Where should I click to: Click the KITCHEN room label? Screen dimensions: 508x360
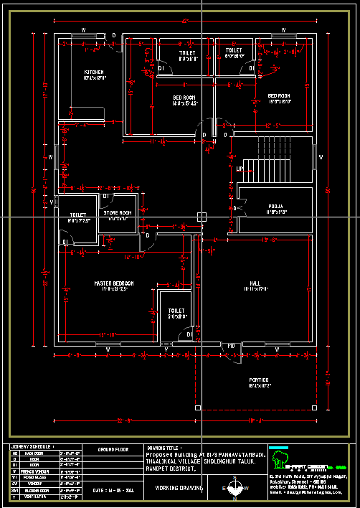(95, 72)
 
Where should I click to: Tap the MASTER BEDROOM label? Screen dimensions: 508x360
(114, 283)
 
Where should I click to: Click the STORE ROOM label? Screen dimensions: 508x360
(118, 213)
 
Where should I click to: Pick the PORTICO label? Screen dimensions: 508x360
(259, 380)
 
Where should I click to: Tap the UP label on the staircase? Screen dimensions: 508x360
(240, 169)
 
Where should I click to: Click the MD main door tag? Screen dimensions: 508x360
(232, 346)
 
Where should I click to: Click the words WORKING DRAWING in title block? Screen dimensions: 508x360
(178, 486)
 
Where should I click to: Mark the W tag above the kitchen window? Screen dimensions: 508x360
(83, 30)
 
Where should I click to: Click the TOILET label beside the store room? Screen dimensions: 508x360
(77, 215)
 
